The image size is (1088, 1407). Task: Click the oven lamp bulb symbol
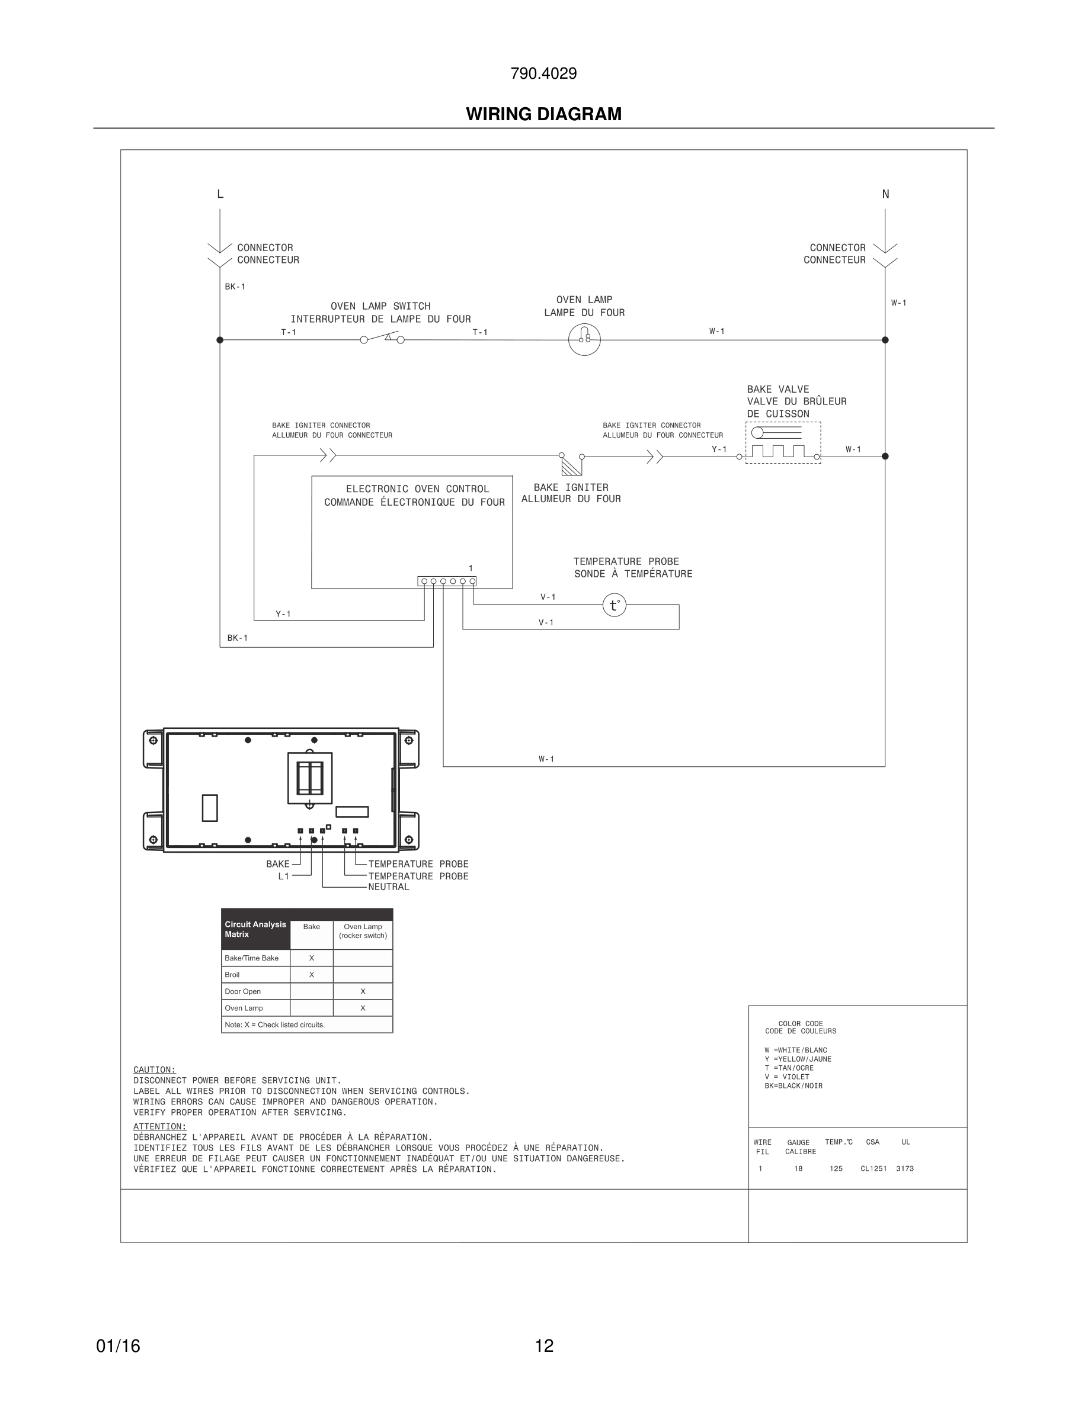click(x=584, y=339)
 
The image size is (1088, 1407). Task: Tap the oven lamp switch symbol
click(x=382, y=339)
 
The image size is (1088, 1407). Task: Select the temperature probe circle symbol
click(x=615, y=605)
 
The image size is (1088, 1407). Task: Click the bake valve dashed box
click(x=782, y=442)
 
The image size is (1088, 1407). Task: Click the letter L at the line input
click(x=220, y=194)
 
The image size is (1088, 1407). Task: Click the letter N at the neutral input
click(x=885, y=194)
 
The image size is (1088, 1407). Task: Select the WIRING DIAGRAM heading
click(x=543, y=114)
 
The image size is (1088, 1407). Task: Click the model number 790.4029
click(x=543, y=73)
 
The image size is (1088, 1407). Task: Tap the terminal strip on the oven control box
click(x=447, y=581)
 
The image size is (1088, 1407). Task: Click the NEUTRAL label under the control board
click(x=388, y=887)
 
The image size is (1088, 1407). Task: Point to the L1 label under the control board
click(x=284, y=876)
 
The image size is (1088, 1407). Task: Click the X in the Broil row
click(x=311, y=975)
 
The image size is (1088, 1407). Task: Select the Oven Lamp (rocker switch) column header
click(x=362, y=931)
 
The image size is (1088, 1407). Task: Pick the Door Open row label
click(x=242, y=991)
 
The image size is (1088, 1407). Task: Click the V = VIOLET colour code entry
click(x=786, y=1077)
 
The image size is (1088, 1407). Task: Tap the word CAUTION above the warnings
click(x=154, y=1069)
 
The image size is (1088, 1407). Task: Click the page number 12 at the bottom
click(x=543, y=1346)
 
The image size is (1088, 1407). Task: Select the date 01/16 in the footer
click(x=118, y=1346)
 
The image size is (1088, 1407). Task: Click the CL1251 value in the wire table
click(x=873, y=1168)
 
